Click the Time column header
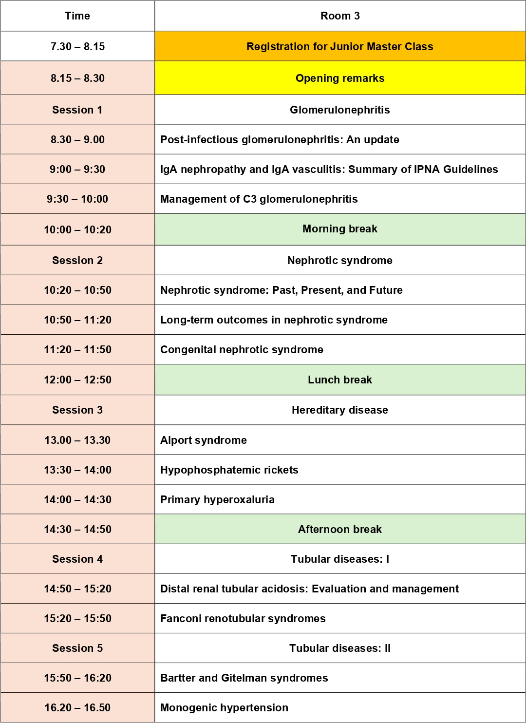[x=77, y=16]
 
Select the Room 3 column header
[x=340, y=16]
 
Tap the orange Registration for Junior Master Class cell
[x=340, y=47]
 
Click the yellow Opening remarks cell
[x=340, y=78]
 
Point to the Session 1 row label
[x=77, y=110]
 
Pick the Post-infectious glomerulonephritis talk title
[x=280, y=140]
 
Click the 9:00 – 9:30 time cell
[x=77, y=170]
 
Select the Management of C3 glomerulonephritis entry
[x=259, y=199]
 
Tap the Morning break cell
[x=340, y=229]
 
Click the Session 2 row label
[x=77, y=261]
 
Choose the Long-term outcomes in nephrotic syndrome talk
[x=274, y=320]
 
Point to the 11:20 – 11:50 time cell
[x=77, y=350]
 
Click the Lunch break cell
[x=340, y=380]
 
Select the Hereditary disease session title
[x=340, y=410]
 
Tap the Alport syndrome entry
[x=204, y=440]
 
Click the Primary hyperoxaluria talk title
[x=217, y=500]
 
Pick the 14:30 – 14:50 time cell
[x=77, y=530]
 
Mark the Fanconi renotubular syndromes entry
[x=243, y=619]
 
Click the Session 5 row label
[x=77, y=648]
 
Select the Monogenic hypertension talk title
[x=224, y=708]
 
